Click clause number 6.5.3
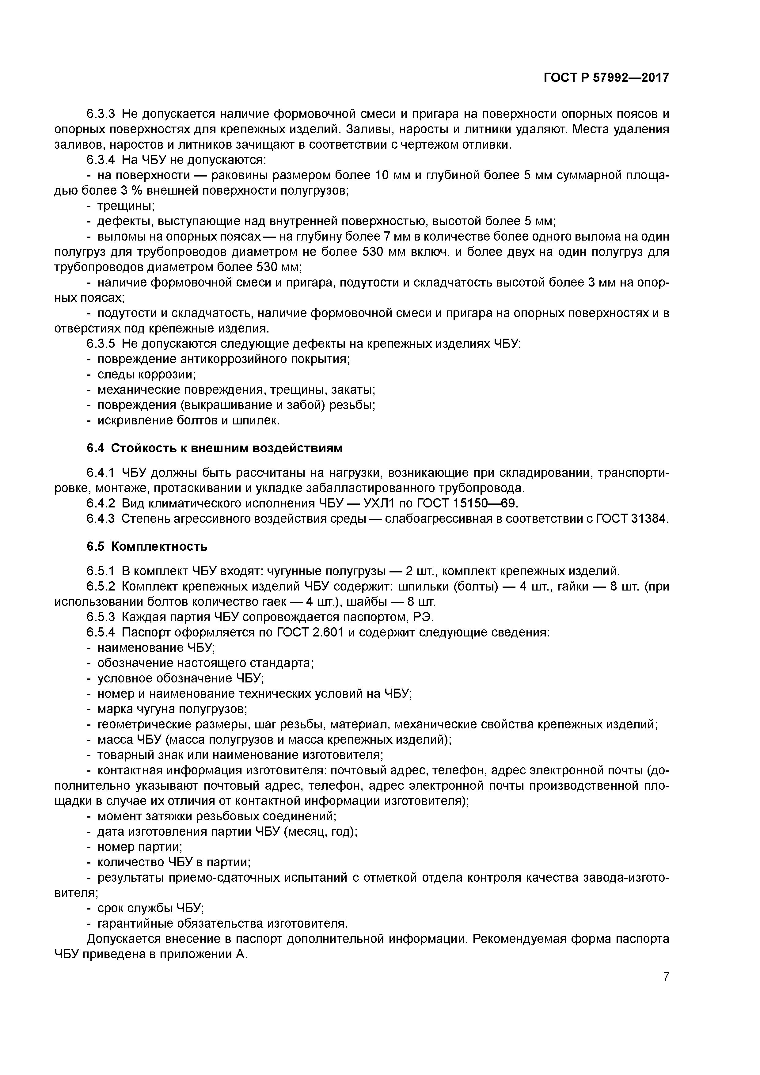101,617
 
